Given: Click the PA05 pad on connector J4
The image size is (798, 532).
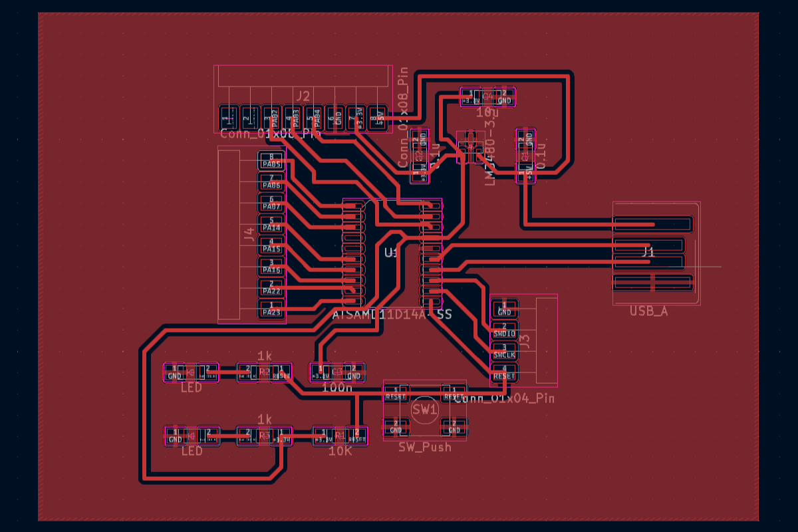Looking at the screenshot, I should [272, 161].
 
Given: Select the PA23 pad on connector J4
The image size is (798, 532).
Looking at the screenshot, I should [272, 310].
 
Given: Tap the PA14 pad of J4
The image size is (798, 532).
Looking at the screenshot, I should [272, 225].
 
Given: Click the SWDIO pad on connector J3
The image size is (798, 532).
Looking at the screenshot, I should [504, 330].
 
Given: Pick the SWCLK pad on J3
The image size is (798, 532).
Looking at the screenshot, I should [504, 352].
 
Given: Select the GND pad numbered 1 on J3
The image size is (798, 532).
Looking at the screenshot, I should [504, 309].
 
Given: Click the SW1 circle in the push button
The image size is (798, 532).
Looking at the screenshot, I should [424, 410].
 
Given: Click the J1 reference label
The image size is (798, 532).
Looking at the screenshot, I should [648, 252].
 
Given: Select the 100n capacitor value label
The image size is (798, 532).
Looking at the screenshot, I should [336, 387].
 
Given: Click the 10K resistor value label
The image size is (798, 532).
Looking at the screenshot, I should [340, 452].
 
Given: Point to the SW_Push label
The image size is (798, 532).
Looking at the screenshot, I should [424, 447].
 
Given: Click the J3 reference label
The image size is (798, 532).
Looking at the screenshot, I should [524, 341].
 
